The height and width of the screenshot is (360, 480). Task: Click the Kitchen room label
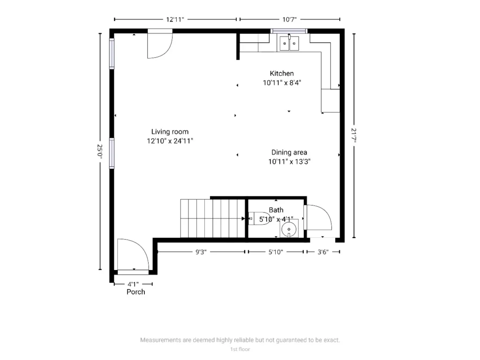282,74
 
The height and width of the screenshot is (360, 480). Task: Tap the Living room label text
170,132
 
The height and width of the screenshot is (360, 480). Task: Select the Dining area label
289,152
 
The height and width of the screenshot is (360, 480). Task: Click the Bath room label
276,210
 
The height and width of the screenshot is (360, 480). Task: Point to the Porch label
136,292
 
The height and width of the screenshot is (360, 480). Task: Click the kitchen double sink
290,44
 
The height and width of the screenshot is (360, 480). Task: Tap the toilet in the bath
261,219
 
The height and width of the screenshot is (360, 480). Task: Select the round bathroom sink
289,229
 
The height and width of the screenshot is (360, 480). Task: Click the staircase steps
213,218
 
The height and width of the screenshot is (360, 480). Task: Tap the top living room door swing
160,45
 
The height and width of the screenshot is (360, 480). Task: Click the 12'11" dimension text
175,19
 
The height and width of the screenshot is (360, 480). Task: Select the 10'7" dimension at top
290,19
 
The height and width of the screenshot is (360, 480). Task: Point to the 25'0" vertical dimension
99,150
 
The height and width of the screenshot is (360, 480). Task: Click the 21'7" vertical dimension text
354,135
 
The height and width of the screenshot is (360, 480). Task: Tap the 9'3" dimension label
200,252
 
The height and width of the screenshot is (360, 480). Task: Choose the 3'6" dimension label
322,252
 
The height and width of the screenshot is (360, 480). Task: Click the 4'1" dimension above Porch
133,284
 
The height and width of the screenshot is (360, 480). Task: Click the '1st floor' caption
240,349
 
